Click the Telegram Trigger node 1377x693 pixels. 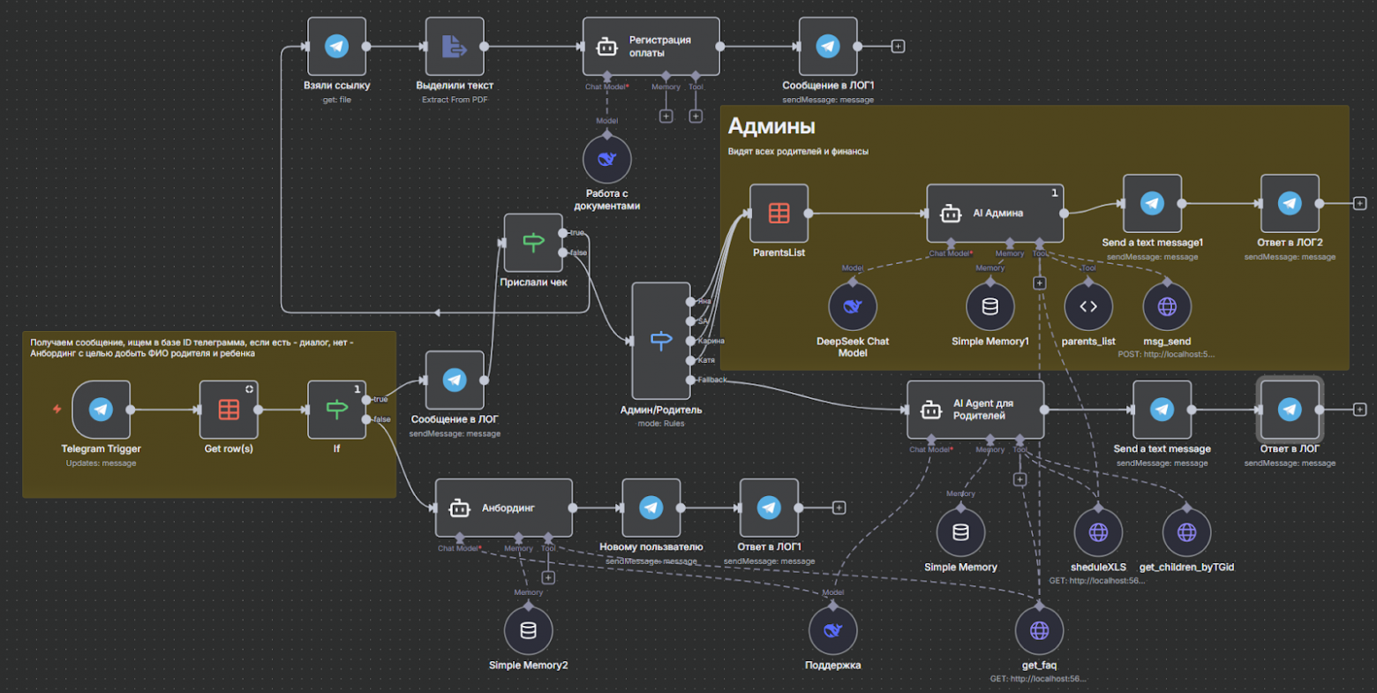coord(101,410)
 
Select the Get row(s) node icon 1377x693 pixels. coord(229,410)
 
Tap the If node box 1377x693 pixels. coord(336,410)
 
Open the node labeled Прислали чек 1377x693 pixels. coord(533,243)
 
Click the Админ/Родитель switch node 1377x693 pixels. coord(661,341)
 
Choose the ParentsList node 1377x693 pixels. coord(779,213)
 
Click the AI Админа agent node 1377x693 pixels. coord(995,213)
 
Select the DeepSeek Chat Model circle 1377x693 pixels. coord(852,306)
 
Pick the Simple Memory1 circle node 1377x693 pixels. coord(989,306)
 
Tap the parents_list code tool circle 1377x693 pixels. coord(1088,306)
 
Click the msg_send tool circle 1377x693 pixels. coord(1167,306)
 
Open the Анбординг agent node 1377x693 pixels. coord(503,508)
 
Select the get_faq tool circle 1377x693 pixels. coord(1039,630)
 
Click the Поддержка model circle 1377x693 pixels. coord(832,630)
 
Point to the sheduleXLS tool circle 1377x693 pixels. coord(1098,532)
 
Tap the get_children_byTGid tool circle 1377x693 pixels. coord(1186,532)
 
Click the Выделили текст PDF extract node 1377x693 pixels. coord(455,47)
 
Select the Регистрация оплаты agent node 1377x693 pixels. coord(651,47)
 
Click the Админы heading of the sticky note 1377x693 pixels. coord(771,127)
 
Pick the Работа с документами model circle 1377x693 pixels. coord(606,160)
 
